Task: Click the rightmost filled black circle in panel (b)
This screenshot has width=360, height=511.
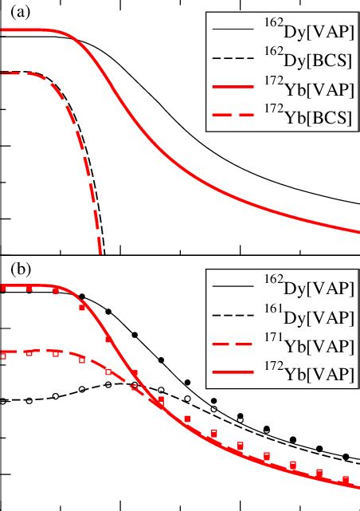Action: (x=346, y=457)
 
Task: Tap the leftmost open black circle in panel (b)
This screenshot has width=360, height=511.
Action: (x=3, y=401)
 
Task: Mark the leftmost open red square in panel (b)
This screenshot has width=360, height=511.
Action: (x=3, y=356)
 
